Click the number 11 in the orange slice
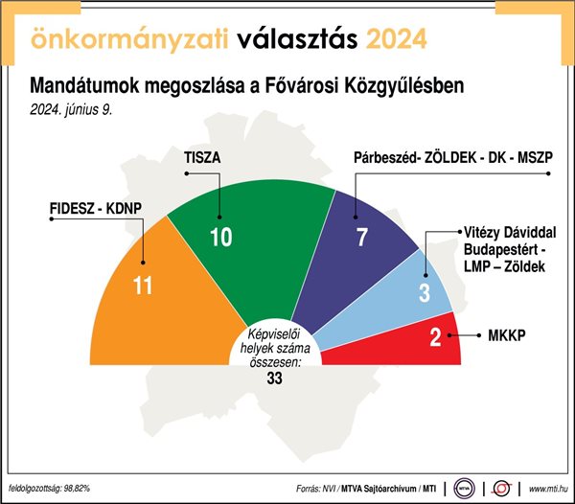coord(142,286)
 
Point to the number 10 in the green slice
coord(221,237)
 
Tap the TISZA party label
coord(202,157)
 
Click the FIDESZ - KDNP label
coord(96,208)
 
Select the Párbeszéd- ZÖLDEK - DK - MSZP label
coord(453,157)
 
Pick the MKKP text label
coord(507,335)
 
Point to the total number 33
coord(275,378)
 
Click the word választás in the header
coord(297,38)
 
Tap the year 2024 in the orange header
coord(397,39)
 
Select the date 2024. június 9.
coord(71,109)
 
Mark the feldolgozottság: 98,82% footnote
coord(49,488)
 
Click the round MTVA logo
coord(464,489)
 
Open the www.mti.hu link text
coord(548,489)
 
